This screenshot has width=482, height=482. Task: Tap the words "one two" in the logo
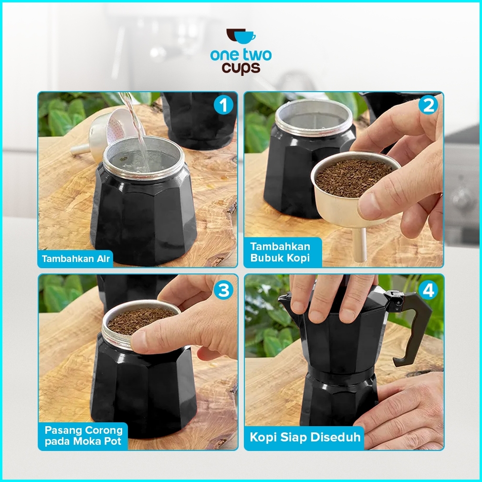point(241,55)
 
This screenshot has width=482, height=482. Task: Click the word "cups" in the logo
point(241,68)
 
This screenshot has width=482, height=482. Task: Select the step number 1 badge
point(223,105)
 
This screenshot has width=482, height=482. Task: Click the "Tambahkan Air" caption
point(75,259)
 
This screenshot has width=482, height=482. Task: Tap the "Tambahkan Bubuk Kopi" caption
point(280,252)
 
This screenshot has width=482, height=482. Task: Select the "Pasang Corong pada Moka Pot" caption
point(84,436)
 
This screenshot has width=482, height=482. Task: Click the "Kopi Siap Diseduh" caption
point(305,437)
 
